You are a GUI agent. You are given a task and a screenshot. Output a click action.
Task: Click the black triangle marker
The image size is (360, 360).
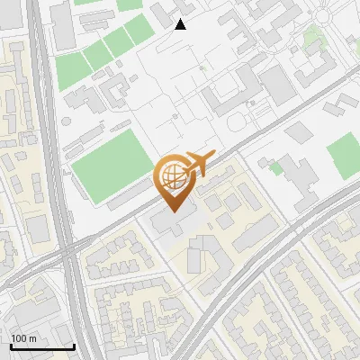pyautogui.click(x=180, y=23)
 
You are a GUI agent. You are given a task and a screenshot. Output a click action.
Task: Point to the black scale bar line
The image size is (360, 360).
pyautogui.click(x=42, y=346)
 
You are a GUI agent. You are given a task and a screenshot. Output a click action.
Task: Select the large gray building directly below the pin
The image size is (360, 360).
pyautogui.click(x=172, y=224)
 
